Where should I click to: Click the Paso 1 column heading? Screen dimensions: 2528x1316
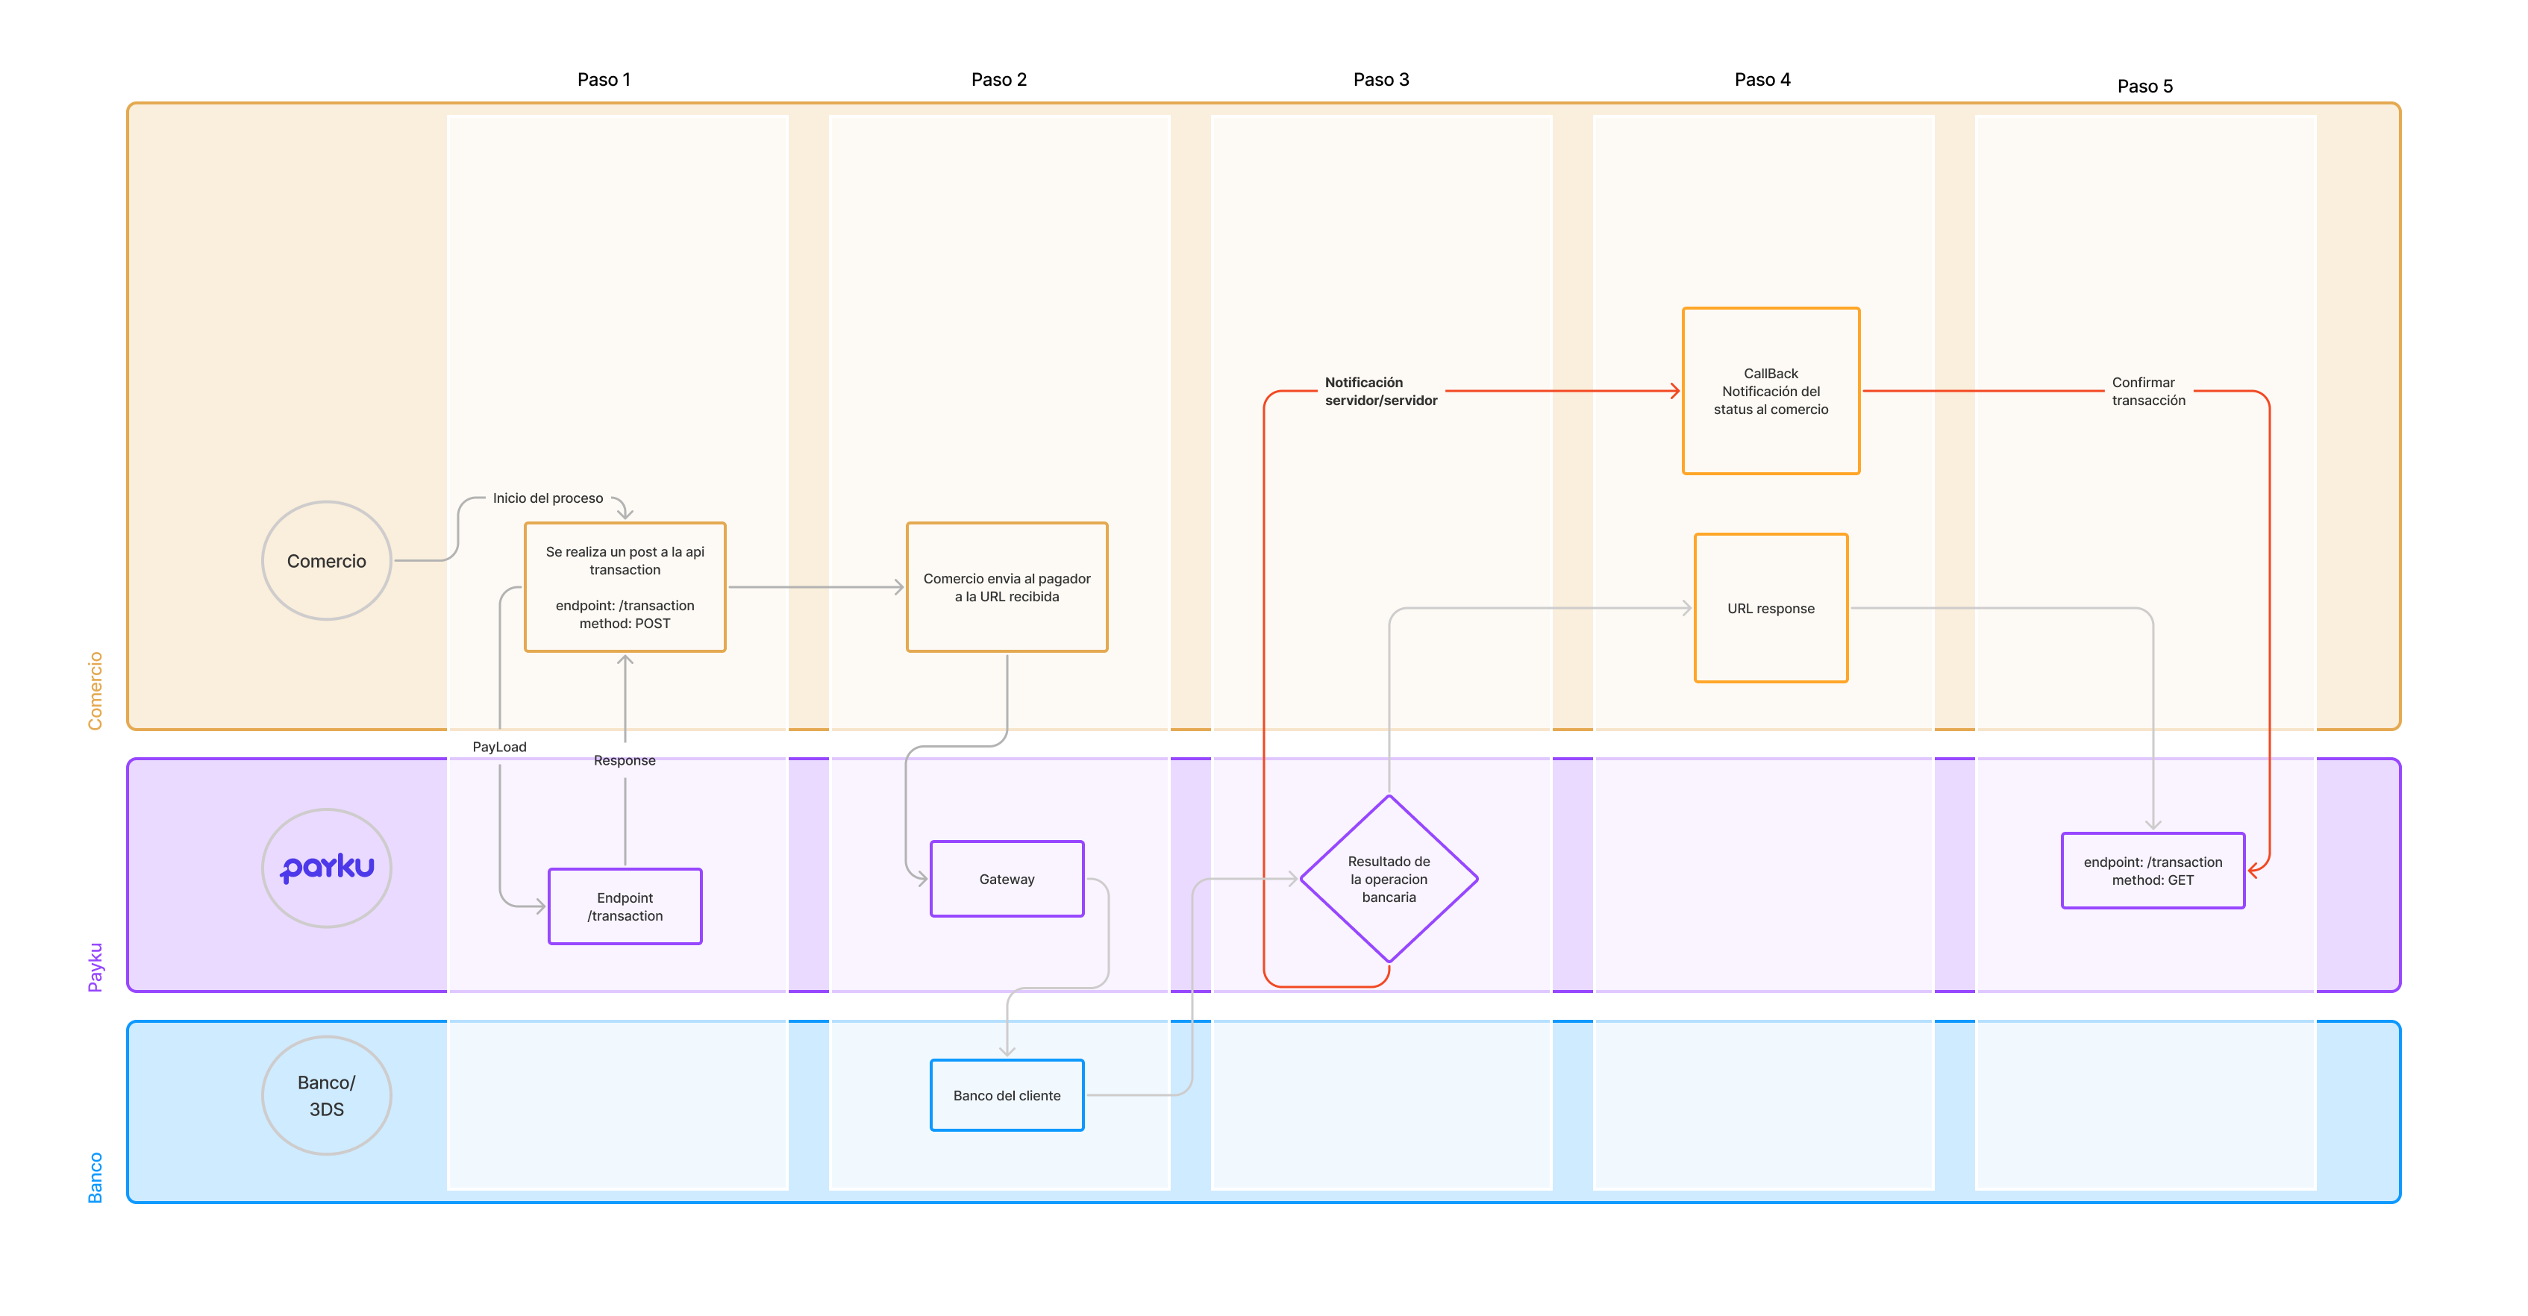pyautogui.click(x=604, y=80)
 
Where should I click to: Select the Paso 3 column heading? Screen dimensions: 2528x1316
pyautogui.click(x=1381, y=80)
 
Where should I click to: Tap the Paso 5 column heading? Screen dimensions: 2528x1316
pyautogui.click(x=2144, y=87)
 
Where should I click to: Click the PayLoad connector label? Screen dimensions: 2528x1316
pyautogui.click(x=499, y=747)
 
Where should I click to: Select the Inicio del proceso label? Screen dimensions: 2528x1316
pyautogui.click(x=548, y=498)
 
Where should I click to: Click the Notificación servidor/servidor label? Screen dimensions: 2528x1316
pyautogui.click(x=1381, y=392)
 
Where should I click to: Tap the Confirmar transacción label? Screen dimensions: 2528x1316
pyautogui.click(x=2148, y=392)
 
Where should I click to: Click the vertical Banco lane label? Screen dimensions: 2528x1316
pyautogui.click(x=96, y=1178)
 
